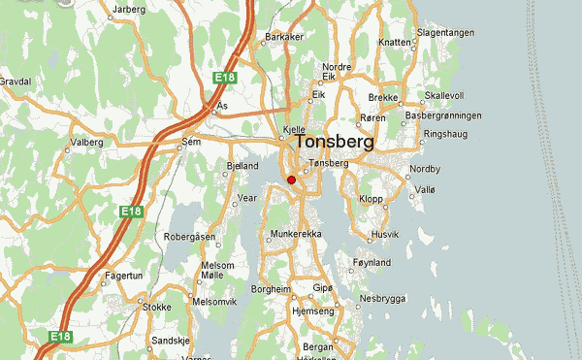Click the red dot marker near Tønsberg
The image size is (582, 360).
[x=291, y=180]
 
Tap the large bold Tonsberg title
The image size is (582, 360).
[x=335, y=142]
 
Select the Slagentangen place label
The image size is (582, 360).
[x=445, y=32]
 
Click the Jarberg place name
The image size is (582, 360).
[x=128, y=10]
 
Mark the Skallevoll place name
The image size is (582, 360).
[x=444, y=96]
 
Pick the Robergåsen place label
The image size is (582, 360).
[x=189, y=236]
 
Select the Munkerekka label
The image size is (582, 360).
[x=296, y=235]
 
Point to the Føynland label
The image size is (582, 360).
[x=372, y=262]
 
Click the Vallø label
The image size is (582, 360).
[x=426, y=191]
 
